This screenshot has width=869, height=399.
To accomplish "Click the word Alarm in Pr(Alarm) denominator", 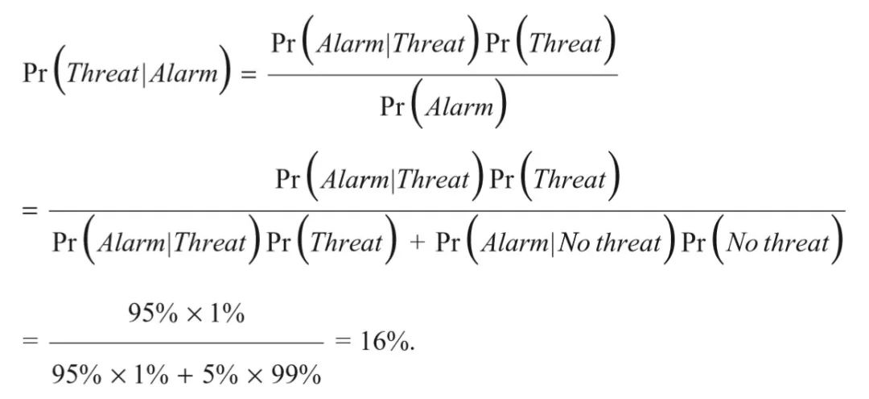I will click(x=459, y=107).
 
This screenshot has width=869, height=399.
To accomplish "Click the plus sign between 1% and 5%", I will click(x=192, y=374).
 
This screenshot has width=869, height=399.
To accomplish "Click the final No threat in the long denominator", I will click(x=777, y=243).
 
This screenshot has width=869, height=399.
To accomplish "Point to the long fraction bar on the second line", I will click(x=447, y=211).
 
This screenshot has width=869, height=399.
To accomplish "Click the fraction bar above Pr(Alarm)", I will click(x=442, y=75).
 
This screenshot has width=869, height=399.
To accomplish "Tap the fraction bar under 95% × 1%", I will click(x=185, y=342).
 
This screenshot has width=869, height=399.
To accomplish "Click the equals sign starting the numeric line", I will click(x=30, y=341).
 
